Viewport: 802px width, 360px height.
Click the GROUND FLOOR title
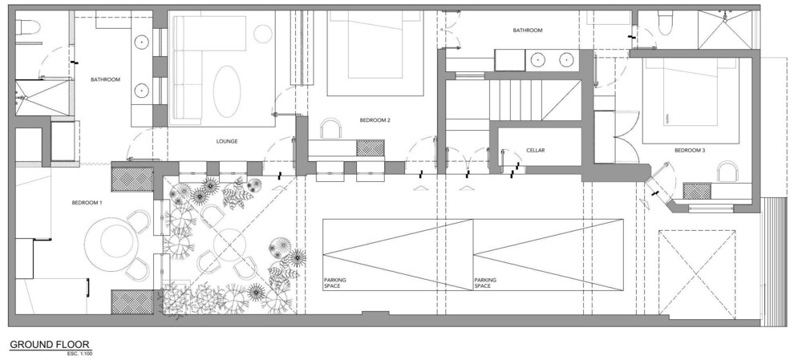50,345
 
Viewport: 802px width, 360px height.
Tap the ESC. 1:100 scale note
79,354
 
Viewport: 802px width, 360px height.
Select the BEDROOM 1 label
87,203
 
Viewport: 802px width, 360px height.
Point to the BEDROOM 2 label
375,121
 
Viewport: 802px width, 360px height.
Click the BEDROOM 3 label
690,151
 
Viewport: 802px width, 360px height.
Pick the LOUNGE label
227,142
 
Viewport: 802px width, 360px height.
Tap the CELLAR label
536,151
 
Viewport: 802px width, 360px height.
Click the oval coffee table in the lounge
227,91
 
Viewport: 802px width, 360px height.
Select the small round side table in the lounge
263,34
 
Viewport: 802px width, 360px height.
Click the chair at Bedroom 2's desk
331,127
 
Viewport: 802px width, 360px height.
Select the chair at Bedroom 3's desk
727,172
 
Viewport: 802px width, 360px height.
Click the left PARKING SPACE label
335,283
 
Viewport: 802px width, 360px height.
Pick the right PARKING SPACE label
485,283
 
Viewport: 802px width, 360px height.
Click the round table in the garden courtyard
229,245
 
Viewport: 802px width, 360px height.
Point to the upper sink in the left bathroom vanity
141,41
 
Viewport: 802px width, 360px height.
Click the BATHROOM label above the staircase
528,30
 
